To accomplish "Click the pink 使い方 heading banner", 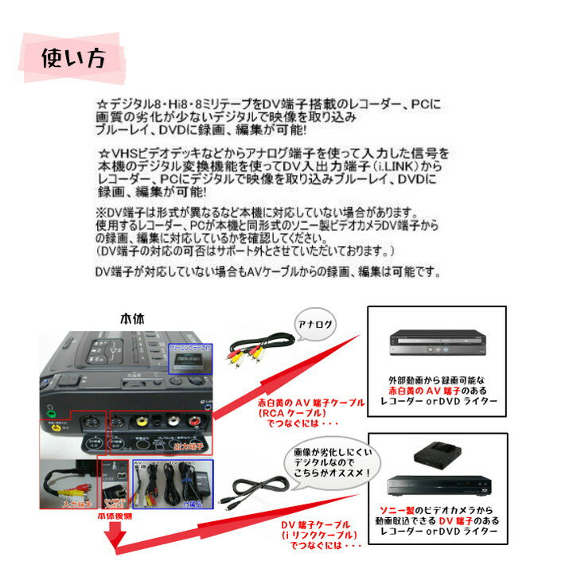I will pyautogui.click(x=72, y=58).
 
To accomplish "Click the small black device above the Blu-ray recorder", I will pyautogui.click(x=434, y=454).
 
